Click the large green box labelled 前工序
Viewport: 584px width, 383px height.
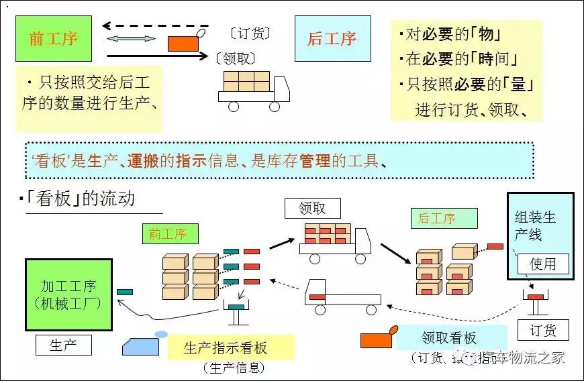coord(53,38)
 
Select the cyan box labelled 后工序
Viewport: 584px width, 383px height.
coord(332,38)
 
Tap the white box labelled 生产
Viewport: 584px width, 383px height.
coord(63,345)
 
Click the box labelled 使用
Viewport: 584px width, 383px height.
coord(543,264)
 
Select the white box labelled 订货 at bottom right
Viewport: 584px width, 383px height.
coord(543,330)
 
